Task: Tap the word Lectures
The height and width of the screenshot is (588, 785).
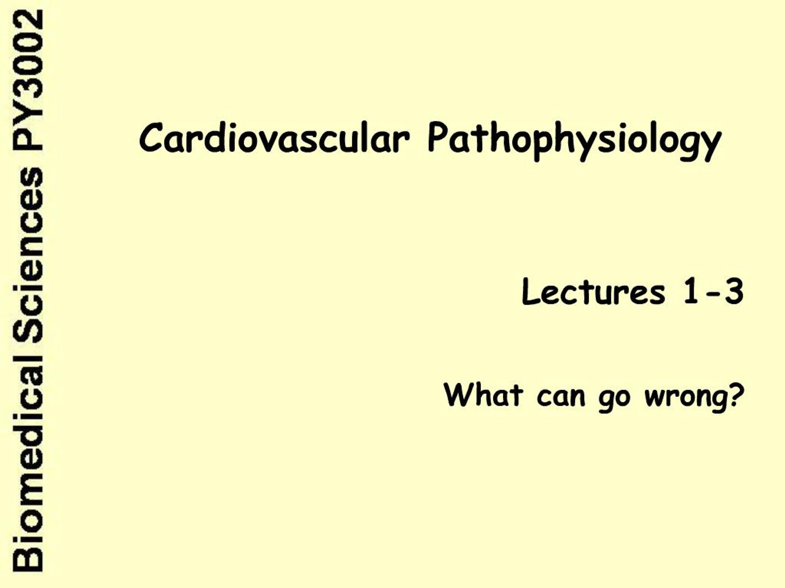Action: coord(593,292)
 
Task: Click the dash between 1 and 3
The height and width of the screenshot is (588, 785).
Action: coord(711,293)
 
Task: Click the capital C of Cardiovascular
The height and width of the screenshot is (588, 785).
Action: coord(151,138)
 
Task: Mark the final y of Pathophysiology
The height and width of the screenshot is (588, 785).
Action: coord(710,145)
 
